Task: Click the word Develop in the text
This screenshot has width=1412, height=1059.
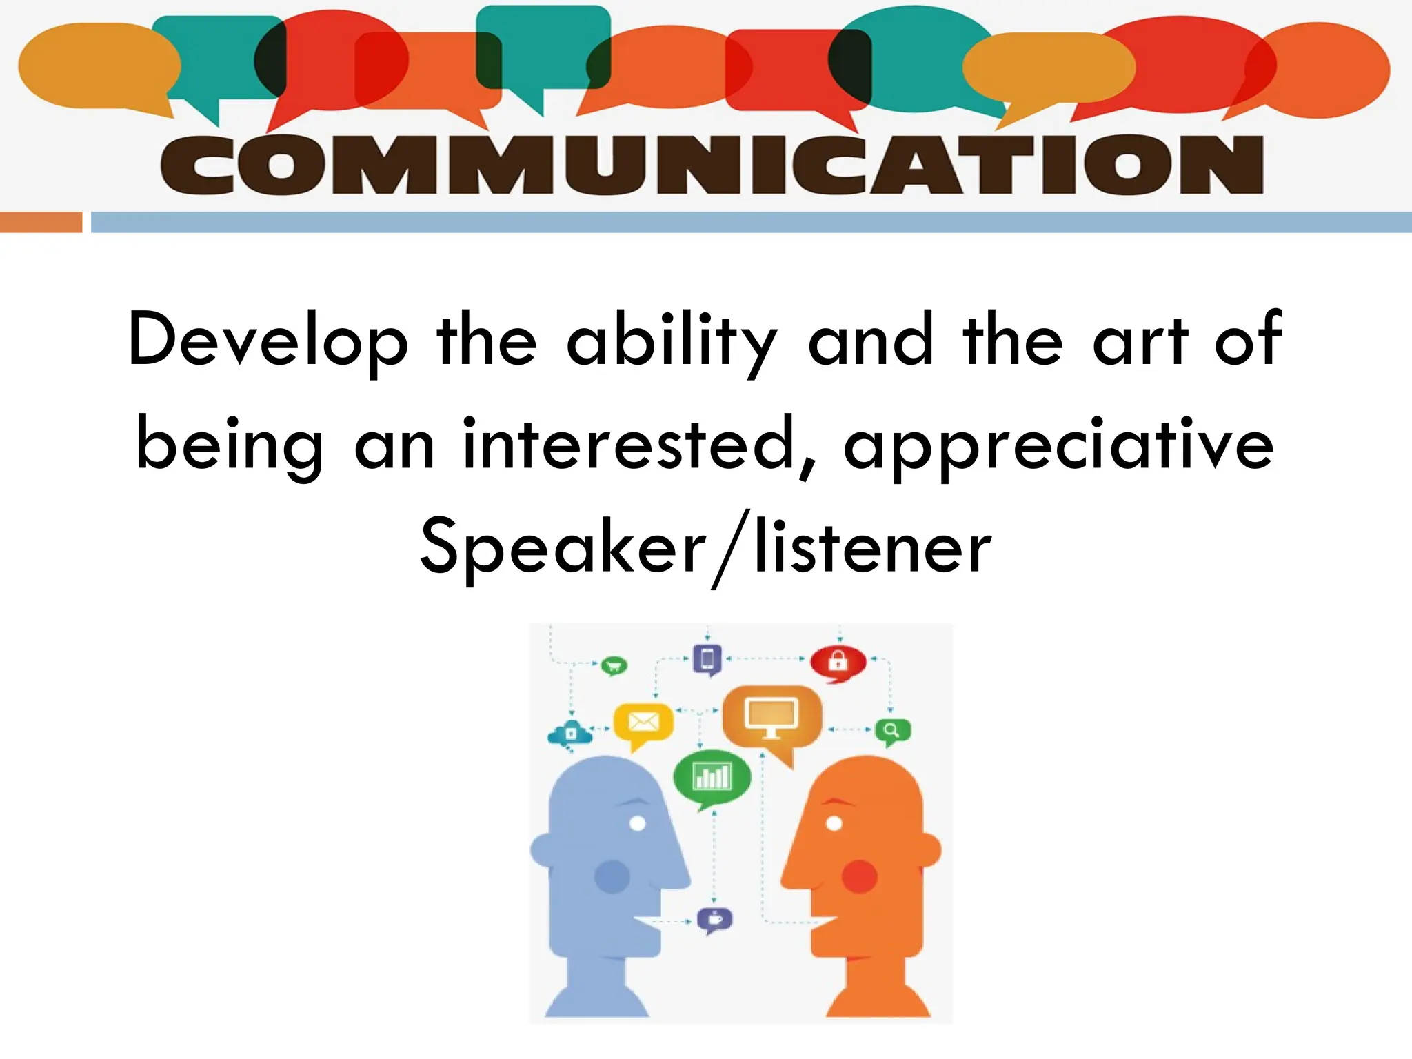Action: (x=268, y=341)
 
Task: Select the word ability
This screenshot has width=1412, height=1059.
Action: (x=672, y=341)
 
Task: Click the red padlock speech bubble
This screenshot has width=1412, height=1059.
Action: (x=838, y=662)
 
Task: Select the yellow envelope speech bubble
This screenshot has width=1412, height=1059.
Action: (x=643, y=724)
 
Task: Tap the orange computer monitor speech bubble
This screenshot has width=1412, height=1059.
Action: (x=771, y=718)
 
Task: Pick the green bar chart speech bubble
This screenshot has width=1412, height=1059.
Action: (x=712, y=778)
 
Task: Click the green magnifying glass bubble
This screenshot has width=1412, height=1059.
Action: (x=892, y=731)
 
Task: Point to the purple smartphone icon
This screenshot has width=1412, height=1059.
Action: (x=707, y=660)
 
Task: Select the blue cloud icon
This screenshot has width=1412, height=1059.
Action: (x=570, y=733)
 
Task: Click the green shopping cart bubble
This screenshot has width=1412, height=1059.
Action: (x=613, y=666)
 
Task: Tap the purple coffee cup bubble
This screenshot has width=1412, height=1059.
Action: (x=715, y=919)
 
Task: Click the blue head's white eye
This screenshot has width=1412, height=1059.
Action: (x=638, y=823)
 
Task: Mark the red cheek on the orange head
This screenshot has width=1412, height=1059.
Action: (x=859, y=877)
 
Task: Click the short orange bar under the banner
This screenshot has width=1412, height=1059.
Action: (x=41, y=222)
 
